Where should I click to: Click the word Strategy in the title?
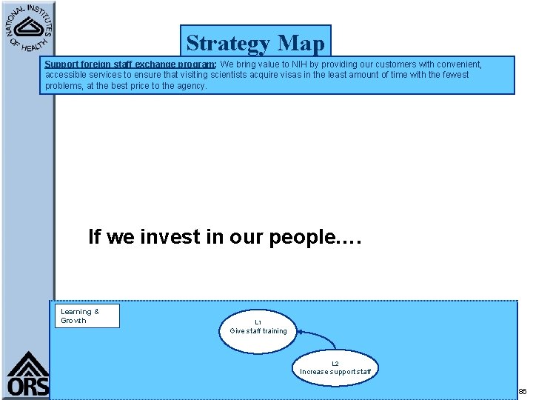tap(228, 44)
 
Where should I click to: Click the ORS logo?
tap(28, 374)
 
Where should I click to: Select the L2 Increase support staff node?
tap(335, 367)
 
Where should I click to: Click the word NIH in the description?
tap(298, 64)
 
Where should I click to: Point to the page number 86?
tap(522, 391)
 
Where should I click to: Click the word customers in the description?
tap(400, 64)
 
